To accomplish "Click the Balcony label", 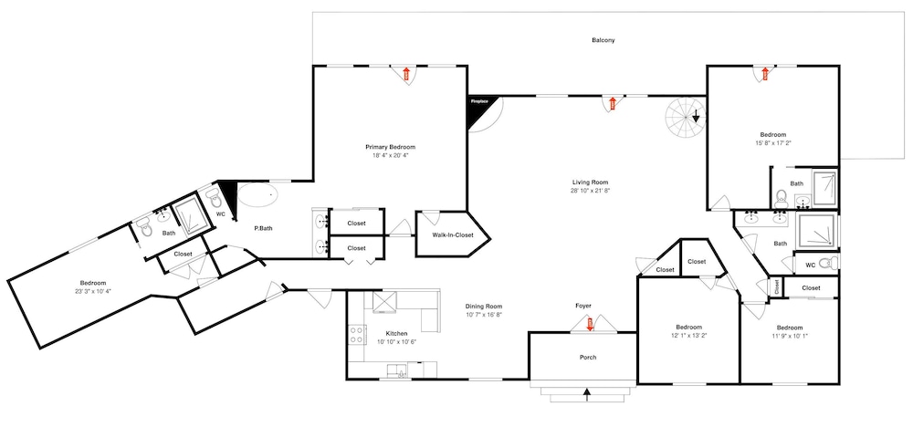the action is [x=603, y=40].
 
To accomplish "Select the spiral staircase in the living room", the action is [x=686, y=118].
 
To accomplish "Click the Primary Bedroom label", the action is [x=390, y=147].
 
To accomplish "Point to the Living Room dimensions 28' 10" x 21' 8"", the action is [x=590, y=190].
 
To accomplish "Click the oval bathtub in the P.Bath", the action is [x=257, y=195].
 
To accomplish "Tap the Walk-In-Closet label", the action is [x=453, y=235].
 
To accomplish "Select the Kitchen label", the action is [x=396, y=333].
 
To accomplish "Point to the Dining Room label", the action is [x=483, y=307].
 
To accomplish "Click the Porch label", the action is [x=587, y=357].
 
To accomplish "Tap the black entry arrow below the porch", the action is [x=586, y=396].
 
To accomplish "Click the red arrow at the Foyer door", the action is [x=590, y=324].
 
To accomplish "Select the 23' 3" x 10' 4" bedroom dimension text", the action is [x=92, y=290].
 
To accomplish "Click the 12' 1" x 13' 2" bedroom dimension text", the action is [x=688, y=335].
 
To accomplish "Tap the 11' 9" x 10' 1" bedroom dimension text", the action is [x=790, y=335].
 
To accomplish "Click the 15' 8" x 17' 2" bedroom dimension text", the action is [x=772, y=142].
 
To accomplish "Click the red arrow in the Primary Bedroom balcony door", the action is [x=406, y=74].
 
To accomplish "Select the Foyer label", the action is [x=583, y=306].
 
